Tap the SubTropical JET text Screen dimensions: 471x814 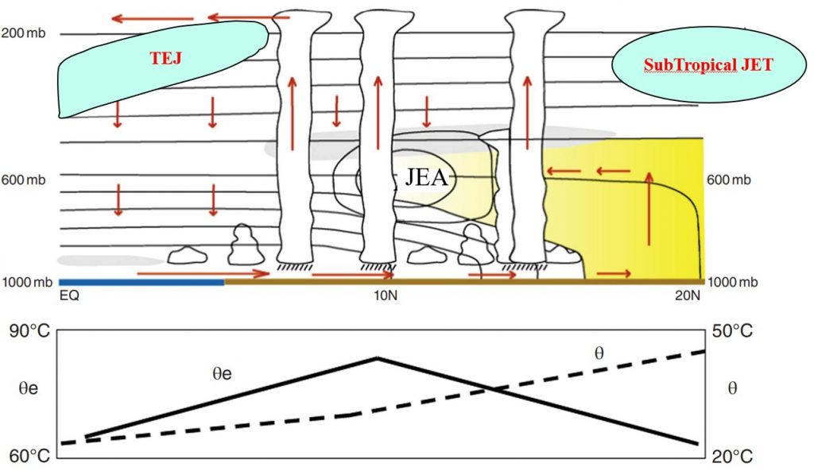708,66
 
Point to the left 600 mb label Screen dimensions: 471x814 24,180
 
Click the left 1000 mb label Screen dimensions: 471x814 27,282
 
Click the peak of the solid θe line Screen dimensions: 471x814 377,358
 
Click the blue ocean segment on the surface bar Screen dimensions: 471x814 141,282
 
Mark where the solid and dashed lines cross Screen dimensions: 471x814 494,388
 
